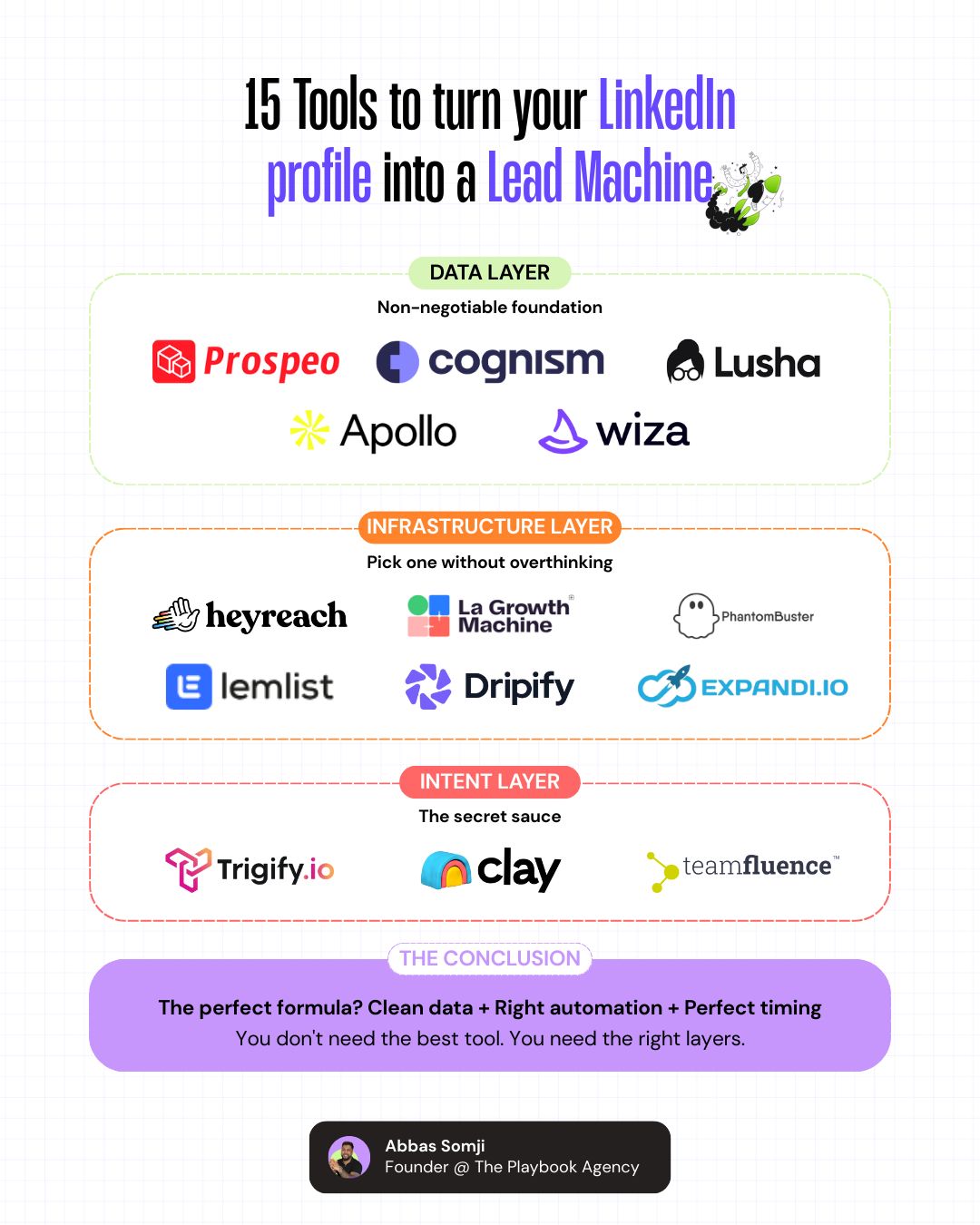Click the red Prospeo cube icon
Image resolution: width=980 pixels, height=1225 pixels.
[173, 361]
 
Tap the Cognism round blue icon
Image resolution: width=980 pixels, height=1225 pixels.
[397, 361]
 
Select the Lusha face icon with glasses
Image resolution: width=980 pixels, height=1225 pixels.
[685, 361]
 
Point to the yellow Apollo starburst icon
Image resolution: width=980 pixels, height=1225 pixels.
[309, 430]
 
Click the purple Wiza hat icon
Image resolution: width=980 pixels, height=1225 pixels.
[563, 431]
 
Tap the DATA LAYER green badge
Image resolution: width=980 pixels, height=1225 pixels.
[490, 272]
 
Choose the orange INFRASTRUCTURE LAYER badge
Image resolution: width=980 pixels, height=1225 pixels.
[490, 526]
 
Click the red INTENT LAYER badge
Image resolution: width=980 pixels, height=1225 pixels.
[490, 781]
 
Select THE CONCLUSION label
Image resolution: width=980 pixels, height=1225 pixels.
[490, 958]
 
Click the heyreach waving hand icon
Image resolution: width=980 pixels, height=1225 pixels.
[176, 615]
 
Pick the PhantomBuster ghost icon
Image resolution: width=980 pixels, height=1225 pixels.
[695, 616]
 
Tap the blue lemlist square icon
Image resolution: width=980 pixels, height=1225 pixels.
[189, 686]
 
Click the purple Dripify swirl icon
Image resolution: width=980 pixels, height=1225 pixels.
[428, 686]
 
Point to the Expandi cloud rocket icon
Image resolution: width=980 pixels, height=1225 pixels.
[667, 686]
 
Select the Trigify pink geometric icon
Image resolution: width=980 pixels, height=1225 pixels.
[188, 868]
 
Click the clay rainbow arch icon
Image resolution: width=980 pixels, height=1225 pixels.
[446, 869]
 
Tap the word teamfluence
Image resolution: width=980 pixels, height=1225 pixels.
[757, 867]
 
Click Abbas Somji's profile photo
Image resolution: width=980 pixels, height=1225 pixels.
[349, 1157]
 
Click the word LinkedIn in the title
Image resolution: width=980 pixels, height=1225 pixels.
[667, 106]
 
